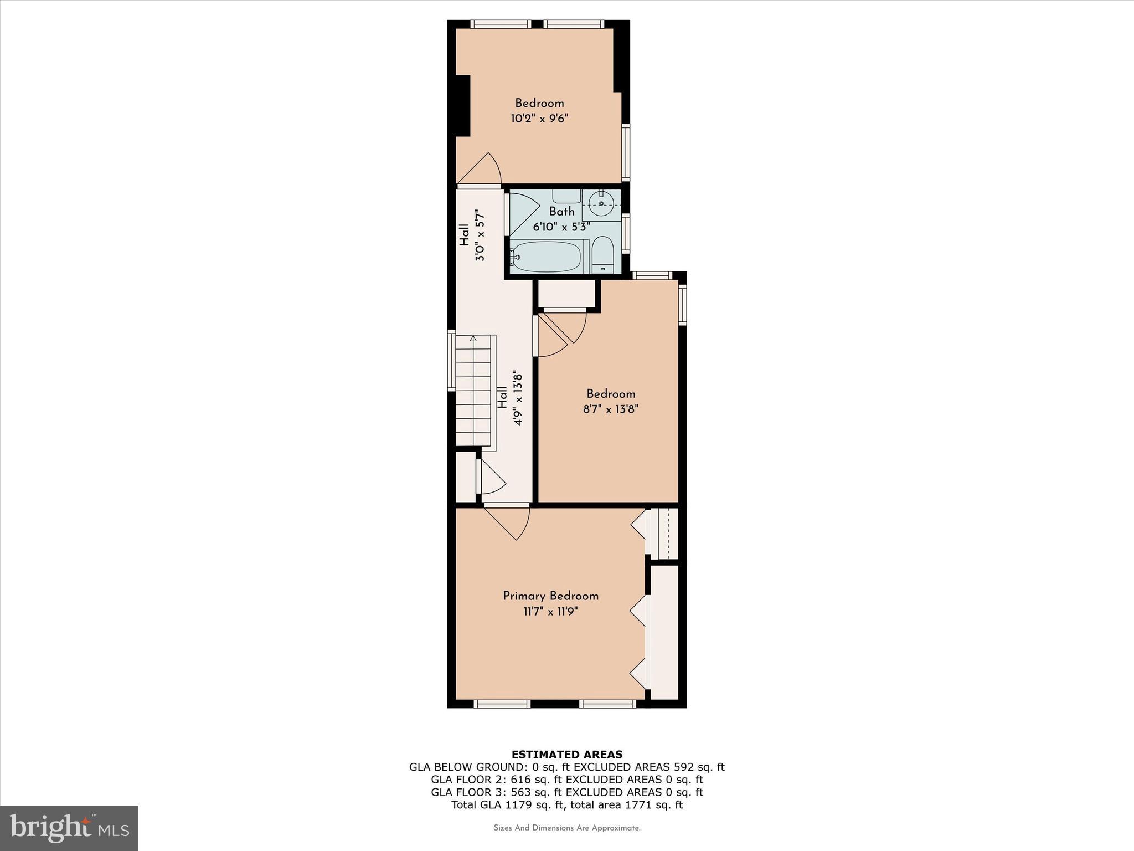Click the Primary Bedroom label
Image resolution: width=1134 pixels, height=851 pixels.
pos(550,596)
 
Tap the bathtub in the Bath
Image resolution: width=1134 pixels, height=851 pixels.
pos(546,257)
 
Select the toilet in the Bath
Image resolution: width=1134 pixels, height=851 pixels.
pos(602,255)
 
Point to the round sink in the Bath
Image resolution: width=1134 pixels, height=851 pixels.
pos(601,204)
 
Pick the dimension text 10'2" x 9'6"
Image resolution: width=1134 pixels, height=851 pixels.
pos(539,118)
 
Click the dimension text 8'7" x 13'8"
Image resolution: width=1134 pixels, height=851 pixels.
pos(611,409)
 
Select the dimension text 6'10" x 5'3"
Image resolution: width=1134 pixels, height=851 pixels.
pos(561,227)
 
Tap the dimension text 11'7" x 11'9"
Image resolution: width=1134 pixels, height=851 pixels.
pos(550,612)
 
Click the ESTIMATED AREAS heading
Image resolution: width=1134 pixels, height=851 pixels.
pos(567,754)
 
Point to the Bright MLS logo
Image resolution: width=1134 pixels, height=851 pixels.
pos(69,828)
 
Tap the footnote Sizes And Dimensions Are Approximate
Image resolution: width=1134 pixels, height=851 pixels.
pos(567,828)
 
